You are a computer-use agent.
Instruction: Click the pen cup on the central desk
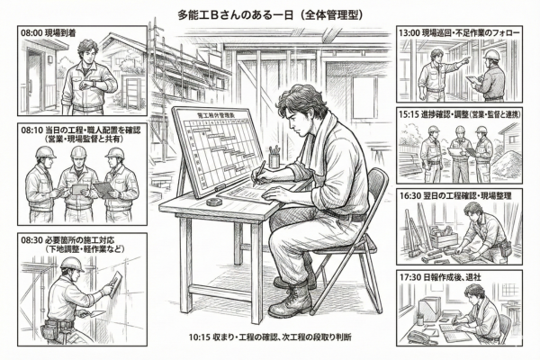[274, 159]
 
